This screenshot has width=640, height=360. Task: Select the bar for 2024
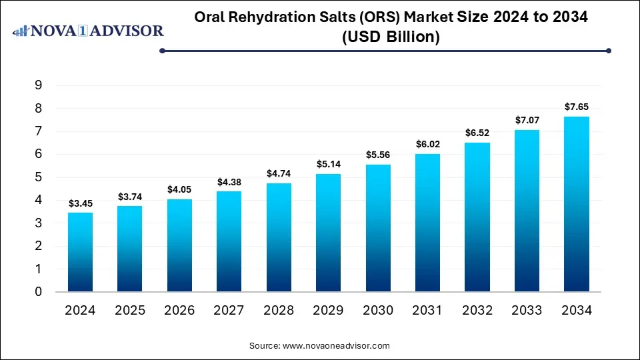pos(80,252)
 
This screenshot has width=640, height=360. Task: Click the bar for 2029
pos(328,233)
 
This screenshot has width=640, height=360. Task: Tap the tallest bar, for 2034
pos(577,204)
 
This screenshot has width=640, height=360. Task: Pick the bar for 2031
pos(427,223)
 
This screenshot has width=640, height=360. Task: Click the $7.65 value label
pos(577,107)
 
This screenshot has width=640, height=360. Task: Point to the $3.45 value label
pos(80,203)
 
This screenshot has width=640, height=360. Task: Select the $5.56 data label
pos(378,155)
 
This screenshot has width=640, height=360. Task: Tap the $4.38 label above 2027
pos(229,181)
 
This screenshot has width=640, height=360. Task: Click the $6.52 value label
pos(477,133)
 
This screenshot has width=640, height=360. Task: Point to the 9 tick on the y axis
pos(39,85)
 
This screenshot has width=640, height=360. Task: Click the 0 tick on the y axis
pos(39,292)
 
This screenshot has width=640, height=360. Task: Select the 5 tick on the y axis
pos(39,177)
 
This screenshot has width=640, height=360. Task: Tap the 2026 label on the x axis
pos(179,310)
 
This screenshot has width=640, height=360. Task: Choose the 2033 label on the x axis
pos(527,310)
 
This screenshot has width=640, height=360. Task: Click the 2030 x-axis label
pos(378,310)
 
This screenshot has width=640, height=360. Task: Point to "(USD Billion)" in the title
pos(391,37)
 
